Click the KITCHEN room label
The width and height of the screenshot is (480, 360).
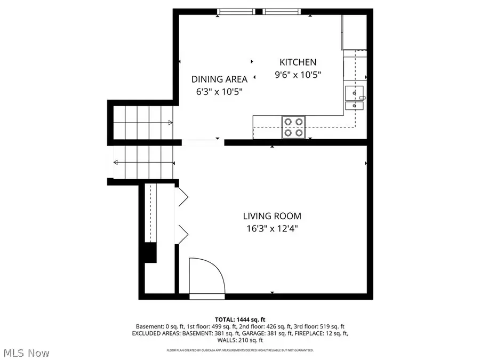[298, 62]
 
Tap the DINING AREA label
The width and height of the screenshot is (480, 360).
[219, 79]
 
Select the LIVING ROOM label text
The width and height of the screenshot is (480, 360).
[272, 216]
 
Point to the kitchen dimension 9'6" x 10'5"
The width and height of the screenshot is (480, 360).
[298, 75]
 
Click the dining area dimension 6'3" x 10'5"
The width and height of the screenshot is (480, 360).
[219, 91]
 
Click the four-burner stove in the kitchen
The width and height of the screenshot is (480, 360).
[293, 127]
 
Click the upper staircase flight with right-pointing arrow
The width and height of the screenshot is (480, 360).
[143, 122]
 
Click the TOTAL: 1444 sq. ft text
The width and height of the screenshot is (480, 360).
[239, 319]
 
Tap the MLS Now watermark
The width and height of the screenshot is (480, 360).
[27, 353]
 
